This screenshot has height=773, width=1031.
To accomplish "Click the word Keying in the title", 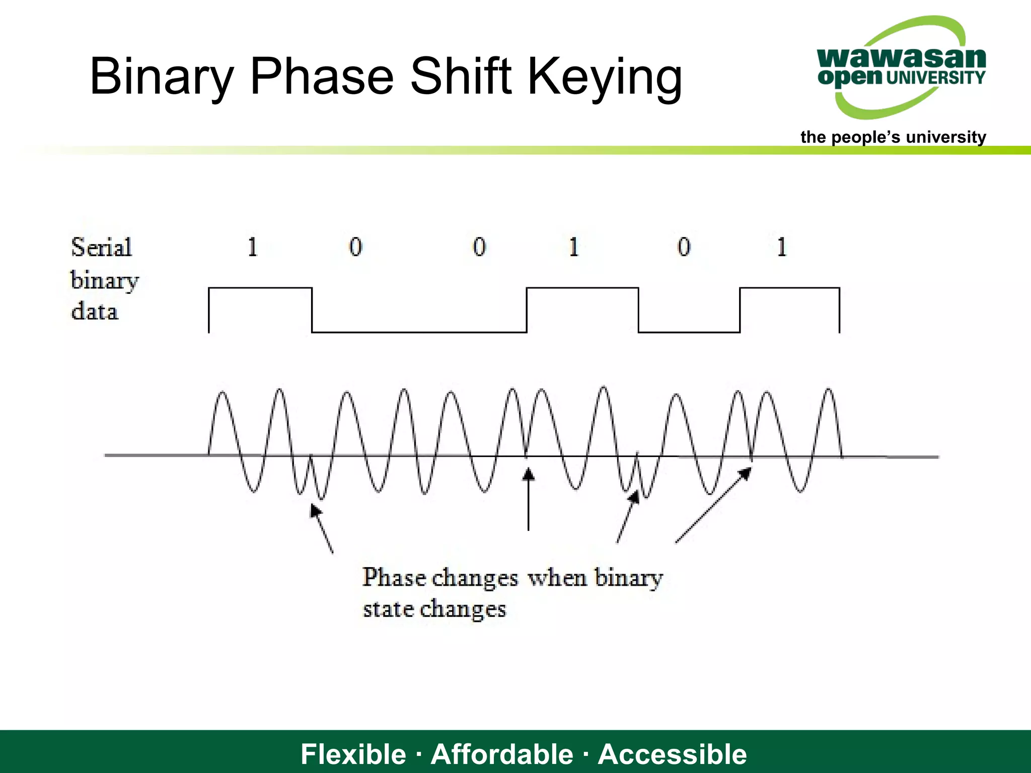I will [604, 76].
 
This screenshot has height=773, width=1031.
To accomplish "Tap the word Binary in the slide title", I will [162, 76].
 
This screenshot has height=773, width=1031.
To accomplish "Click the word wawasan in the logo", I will [901, 57].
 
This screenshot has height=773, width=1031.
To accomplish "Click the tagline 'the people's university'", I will [893, 137].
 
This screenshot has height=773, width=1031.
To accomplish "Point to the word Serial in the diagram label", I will [101, 247].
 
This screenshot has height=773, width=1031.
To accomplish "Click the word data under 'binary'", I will [95, 311].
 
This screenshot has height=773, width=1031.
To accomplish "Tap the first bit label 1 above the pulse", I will [253, 247].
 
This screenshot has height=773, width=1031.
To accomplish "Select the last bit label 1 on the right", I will [781, 247].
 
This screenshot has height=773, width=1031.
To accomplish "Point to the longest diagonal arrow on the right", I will [712, 506].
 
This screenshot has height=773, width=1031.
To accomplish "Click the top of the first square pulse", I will [260, 288].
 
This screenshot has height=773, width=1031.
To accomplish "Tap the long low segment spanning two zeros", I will [419, 332].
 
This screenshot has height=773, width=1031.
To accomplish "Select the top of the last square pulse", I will [789, 288].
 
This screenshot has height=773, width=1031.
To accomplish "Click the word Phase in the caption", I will [394, 577].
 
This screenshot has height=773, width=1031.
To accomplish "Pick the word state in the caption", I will [388, 609].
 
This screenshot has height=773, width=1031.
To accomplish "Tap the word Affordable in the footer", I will [502, 754].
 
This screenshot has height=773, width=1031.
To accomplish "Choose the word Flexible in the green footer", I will [353, 754].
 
